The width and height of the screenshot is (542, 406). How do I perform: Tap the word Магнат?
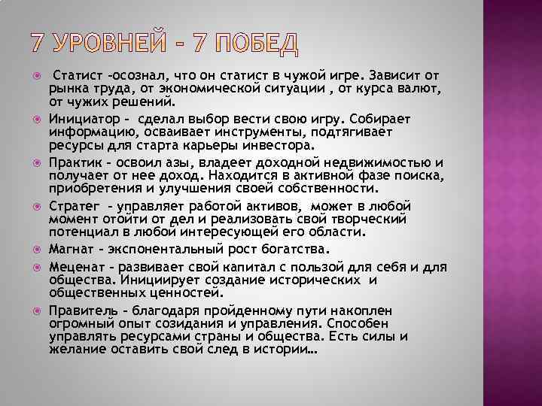[x=72, y=248]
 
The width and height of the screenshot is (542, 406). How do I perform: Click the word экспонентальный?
[x=164, y=248]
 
